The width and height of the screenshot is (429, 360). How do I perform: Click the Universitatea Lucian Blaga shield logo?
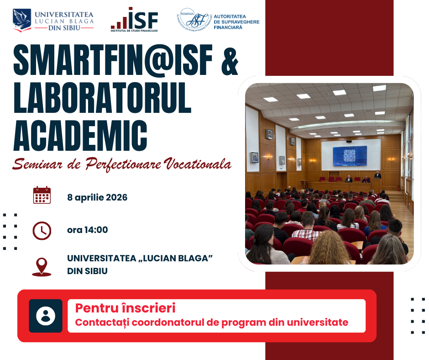[x=22, y=20]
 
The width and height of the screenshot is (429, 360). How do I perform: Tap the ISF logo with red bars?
[x=134, y=20]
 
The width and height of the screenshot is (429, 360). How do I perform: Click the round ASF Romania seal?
[x=194, y=20]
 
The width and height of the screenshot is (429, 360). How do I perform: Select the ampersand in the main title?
[x=230, y=62]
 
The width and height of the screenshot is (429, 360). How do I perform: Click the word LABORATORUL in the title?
[x=102, y=98]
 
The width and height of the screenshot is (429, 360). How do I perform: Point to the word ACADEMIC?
[x=80, y=136]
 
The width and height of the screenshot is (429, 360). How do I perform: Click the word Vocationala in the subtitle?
[x=198, y=164]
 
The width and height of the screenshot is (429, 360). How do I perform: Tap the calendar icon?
[x=42, y=195]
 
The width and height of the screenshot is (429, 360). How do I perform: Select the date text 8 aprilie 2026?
[x=97, y=197]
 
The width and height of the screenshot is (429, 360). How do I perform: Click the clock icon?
[x=42, y=231]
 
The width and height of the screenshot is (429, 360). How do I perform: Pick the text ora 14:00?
[x=88, y=230]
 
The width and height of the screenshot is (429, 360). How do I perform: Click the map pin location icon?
[x=42, y=267]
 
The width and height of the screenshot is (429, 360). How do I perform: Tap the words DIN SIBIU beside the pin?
[x=87, y=271]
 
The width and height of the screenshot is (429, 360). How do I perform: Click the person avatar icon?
[x=46, y=316]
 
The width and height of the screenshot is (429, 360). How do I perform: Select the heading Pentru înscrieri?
[x=126, y=308]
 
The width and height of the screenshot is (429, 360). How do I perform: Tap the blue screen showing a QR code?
[x=350, y=156]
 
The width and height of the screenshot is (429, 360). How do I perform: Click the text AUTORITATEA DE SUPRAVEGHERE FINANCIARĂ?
[x=236, y=22]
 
